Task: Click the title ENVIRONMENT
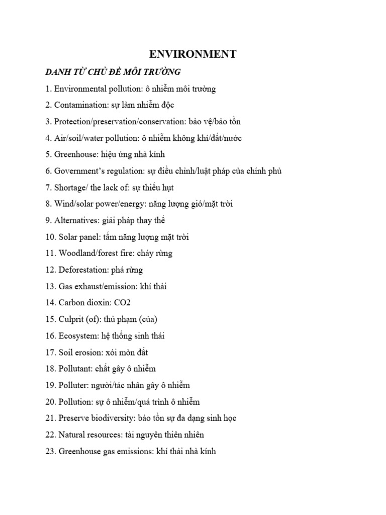click(193, 54)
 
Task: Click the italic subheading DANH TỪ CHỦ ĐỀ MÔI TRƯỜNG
click(113, 72)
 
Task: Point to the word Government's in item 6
click(79, 171)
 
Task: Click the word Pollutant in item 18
click(75, 369)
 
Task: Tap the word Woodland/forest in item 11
click(87, 253)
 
